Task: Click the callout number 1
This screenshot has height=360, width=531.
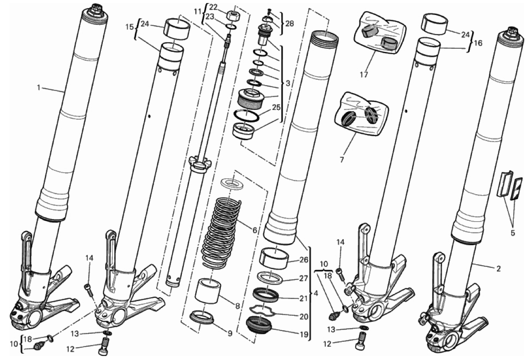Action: (x=39, y=88)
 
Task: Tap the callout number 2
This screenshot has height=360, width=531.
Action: (x=498, y=269)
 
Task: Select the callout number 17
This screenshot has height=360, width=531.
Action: (x=364, y=74)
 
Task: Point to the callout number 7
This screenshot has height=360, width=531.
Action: (x=342, y=159)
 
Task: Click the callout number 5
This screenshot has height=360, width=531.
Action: (x=512, y=233)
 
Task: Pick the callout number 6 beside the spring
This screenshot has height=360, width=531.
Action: (x=255, y=230)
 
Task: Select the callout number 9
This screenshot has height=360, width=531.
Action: (x=230, y=333)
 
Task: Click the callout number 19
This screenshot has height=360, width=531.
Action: (x=304, y=335)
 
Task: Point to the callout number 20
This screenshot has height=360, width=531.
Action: (x=304, y=317)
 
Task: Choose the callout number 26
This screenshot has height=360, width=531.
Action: (x=304, y=260)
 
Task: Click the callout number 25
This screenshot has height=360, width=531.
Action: (x=276, y=108)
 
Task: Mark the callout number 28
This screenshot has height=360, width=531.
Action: (x=290, y=23)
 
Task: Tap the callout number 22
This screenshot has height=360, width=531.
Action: (x=213, y=7)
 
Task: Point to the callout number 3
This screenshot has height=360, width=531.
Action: (x=288, y=83)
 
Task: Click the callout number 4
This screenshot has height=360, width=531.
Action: (x=316, y=293)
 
